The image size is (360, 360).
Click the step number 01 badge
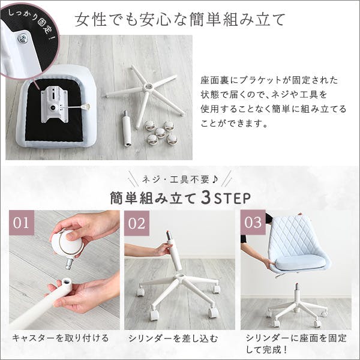pos(22,222)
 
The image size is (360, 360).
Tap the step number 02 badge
pos(137,223)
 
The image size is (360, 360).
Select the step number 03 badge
pos(253,222)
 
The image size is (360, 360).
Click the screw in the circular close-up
pos(22,38)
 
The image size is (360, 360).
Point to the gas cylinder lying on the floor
pos(127,128)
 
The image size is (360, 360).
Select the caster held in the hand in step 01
pos(67,244)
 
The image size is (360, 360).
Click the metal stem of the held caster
pos(70,263)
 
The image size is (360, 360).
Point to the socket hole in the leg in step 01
pos(67,281)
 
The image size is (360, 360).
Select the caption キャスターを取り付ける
pos(60,338)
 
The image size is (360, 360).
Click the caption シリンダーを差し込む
pos(173,338)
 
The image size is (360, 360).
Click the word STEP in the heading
pos(232,199)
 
